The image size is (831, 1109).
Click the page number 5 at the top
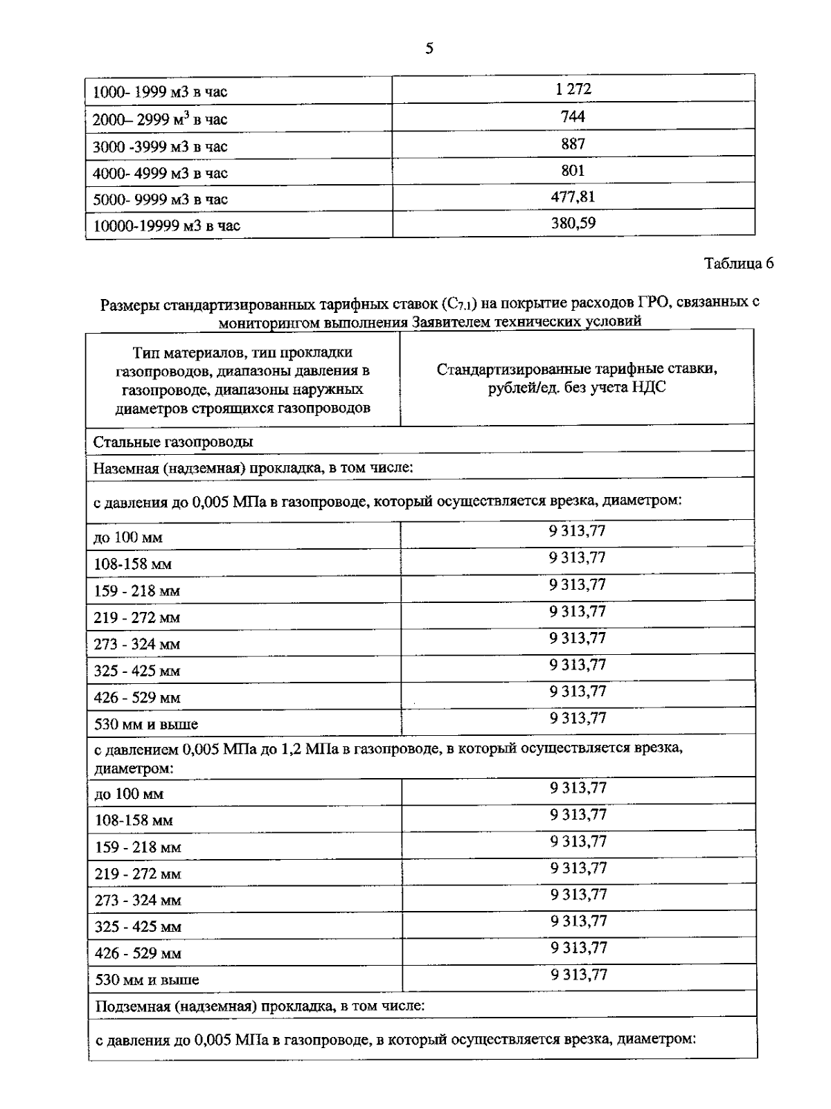coord(429,48)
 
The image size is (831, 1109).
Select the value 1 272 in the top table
coord(573,89)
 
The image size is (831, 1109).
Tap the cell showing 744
coord(573,116)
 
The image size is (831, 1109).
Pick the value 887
coord(573,143)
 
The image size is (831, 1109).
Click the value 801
coord(573,170)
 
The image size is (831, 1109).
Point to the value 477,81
coord(573,197)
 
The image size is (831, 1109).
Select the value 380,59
coord(573,223)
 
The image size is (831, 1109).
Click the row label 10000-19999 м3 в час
coord(167,226)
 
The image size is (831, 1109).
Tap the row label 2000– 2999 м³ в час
coord(160,119)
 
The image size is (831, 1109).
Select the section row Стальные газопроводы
coord(173,442)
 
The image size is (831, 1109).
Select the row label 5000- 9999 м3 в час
coord(160,200)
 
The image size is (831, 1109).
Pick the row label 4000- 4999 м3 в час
coord(160,173)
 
